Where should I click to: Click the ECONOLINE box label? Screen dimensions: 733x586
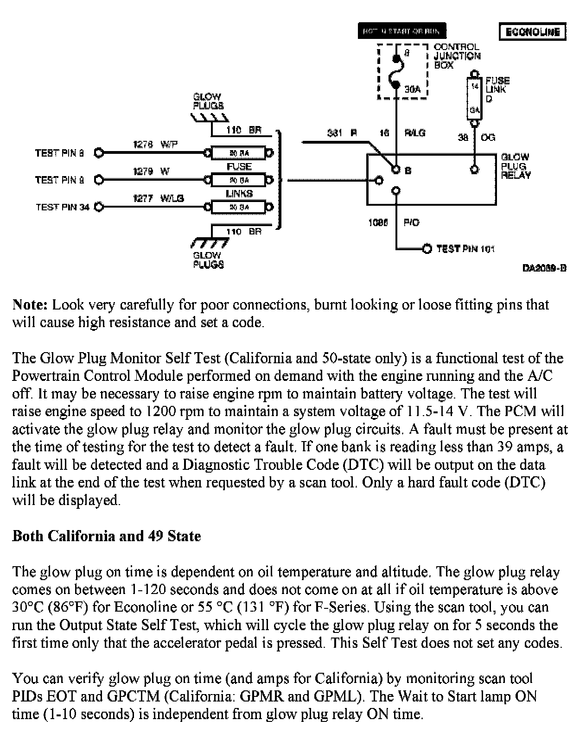pyautogui.click(x=533, y=32)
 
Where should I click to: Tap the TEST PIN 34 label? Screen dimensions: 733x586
pyautogui.click(x=63, y=207)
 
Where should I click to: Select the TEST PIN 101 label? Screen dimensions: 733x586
pyautogui.click(x=465, y=249)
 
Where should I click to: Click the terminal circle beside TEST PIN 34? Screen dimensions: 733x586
pyautogui.click(x=99, y=207)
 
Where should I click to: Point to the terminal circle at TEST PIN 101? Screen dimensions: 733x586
pyautogui.click(x=427, y=249)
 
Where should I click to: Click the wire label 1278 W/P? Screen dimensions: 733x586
pyautogui.click(x=155, y=144)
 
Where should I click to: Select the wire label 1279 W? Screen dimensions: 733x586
pyautogui.click(x=152, y=171)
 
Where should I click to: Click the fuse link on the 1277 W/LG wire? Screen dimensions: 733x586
pyautogui.click(x=239, y=207)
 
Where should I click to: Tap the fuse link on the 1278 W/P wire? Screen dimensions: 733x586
pyautogui.click(x=239, y=152)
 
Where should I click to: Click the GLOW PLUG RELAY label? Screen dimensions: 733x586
pyautogui.click(x=516, y=166)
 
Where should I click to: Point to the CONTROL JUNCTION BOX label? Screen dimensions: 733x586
pyautogui.click(x=457, y=56)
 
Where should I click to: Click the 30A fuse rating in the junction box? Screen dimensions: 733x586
pyautogui.click(x=412, y=89)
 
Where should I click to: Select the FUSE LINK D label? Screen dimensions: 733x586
pyautogui.click(x=497, y=89)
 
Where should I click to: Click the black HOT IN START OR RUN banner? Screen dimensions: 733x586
pyautogui.click(x=401, y=31)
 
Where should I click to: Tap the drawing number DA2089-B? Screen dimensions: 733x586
pyautogui.click(x=544, y=268)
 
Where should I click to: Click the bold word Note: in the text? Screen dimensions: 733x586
pyautogui.click(x=30, y=304)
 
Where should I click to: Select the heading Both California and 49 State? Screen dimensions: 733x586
pyautogui.click(x=107, y=536)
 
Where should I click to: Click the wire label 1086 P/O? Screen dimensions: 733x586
pyautogui.click(x=394, y=222)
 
